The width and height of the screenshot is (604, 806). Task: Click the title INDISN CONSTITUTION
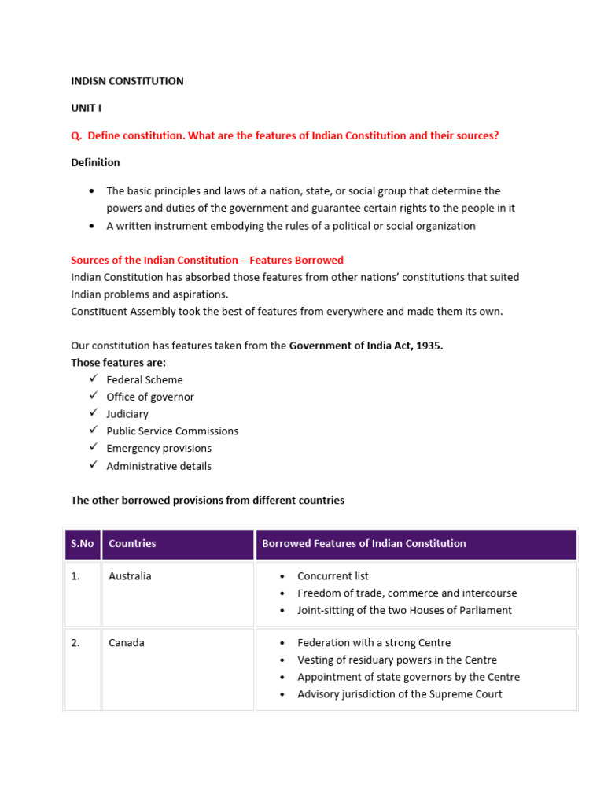coord(127,81)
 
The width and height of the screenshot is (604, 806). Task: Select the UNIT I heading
coord(86,108)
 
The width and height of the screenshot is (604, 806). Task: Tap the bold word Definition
coord(95,162)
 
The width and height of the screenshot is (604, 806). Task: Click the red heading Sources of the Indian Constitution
coord(207,260)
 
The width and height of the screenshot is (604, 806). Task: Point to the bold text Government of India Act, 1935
coord(366,346)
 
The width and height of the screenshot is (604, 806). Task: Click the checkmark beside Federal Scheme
coord(93,379)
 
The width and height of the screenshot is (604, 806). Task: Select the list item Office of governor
coord(150,397)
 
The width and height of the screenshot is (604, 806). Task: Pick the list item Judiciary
coord(127,414)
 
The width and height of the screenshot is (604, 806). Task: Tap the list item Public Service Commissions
coord(172,431)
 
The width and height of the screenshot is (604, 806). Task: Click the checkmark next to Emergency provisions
coord(93,448)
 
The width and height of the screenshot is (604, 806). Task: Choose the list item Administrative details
coord(159,466)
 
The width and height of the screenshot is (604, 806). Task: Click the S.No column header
coord(82,544)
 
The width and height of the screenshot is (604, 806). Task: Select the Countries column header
coord(132,544)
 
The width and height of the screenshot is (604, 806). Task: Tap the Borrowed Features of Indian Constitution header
coord(363,544)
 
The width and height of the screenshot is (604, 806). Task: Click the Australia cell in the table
coord(130,576)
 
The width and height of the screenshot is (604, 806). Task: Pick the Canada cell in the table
coord(126,643)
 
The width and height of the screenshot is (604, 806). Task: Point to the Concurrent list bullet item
coord(333,576)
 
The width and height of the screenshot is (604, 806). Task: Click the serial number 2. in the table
coord(75,643)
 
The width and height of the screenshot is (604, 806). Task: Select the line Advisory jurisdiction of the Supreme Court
coord(400,694)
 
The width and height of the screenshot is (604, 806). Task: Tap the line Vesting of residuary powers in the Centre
coord(396,660)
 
